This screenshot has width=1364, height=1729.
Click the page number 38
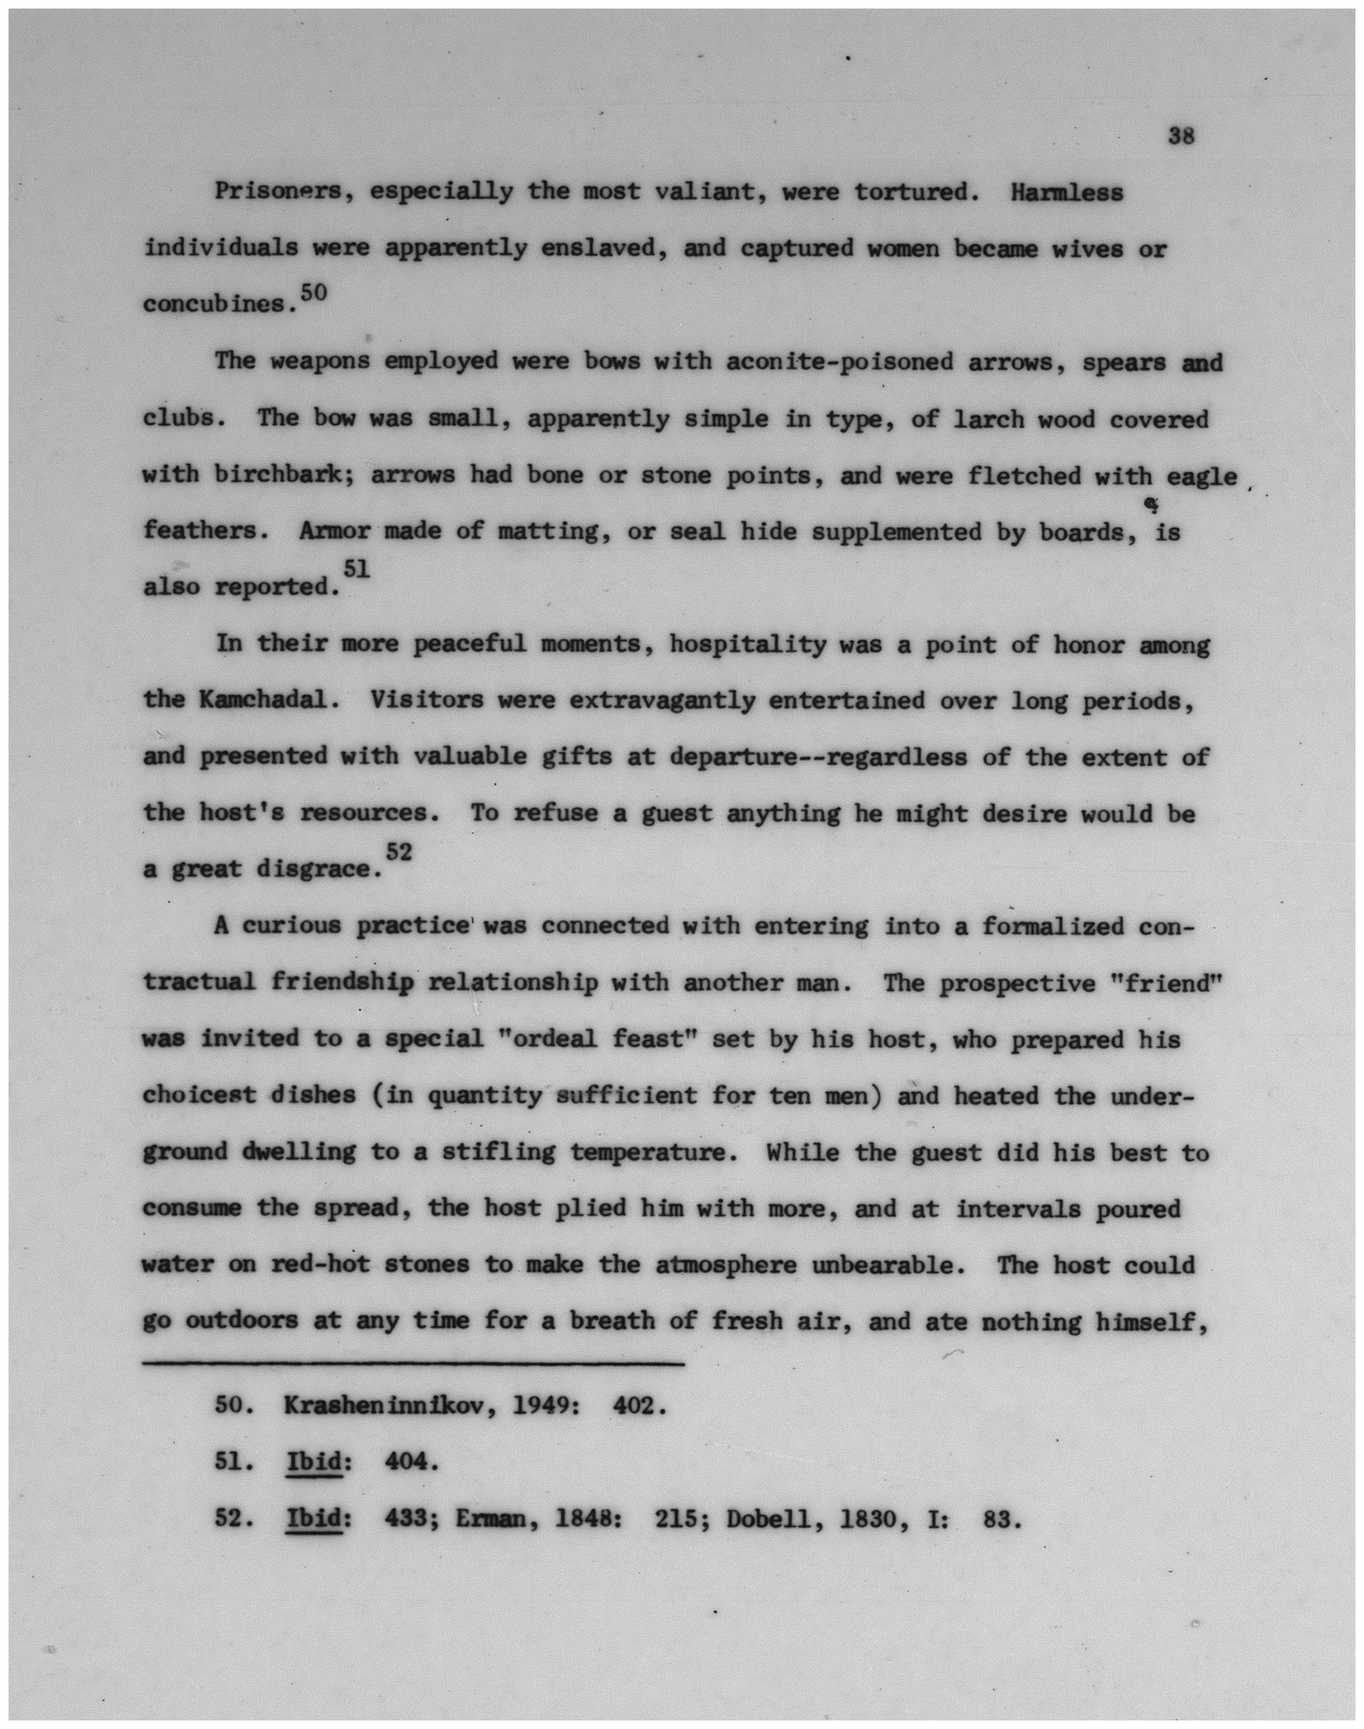pos(1180,136)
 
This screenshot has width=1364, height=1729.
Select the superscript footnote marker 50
pos(314,292)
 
